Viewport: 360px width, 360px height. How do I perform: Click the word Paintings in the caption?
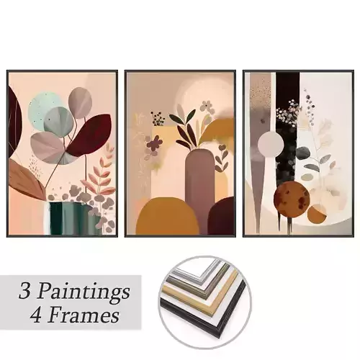point(86,292)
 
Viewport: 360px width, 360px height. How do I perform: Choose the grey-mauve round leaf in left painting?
point(79,103)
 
